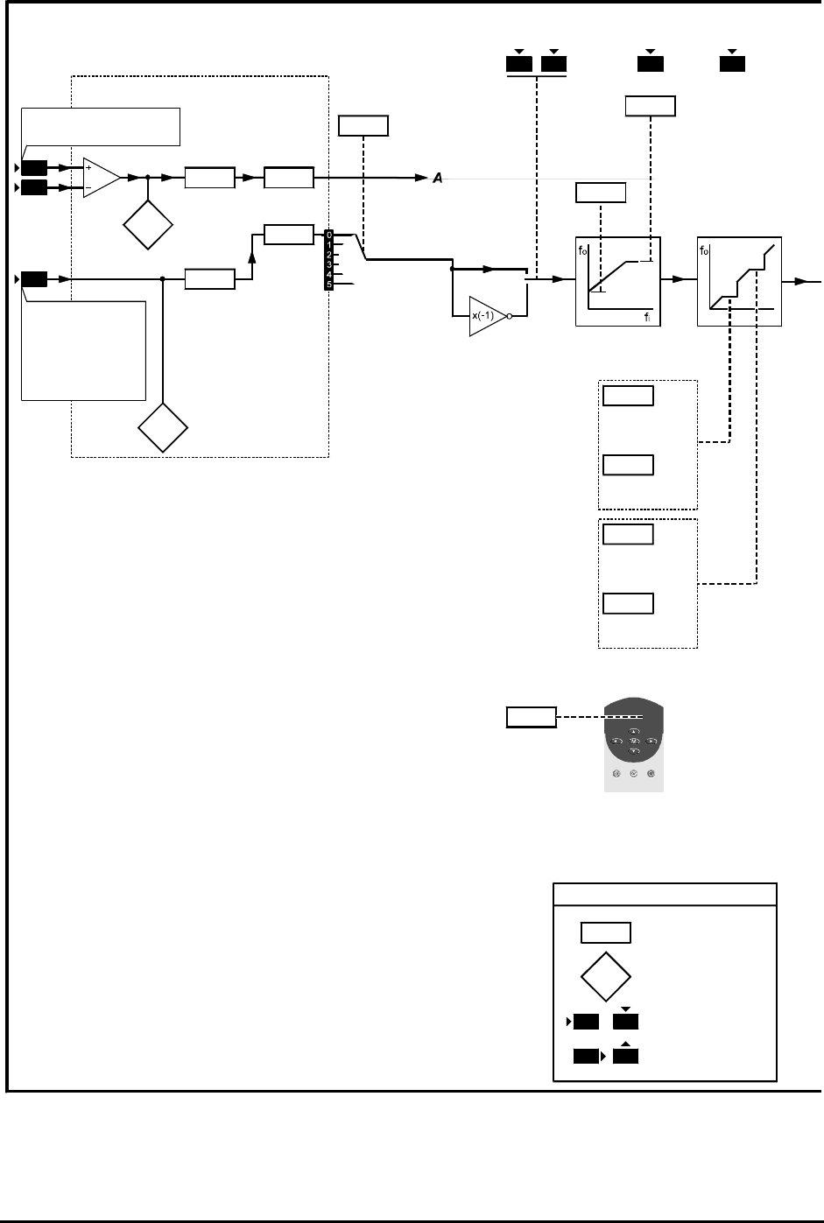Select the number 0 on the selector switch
coord(328,235)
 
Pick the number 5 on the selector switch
coord(328,285)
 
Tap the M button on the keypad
coord(634,742)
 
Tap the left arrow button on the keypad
coord(616,742)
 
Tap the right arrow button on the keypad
coord(651,742)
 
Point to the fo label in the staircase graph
coord(705,250)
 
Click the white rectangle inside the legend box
coord(605,932)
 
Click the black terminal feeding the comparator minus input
coord(34,188)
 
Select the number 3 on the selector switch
coord(328,264)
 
